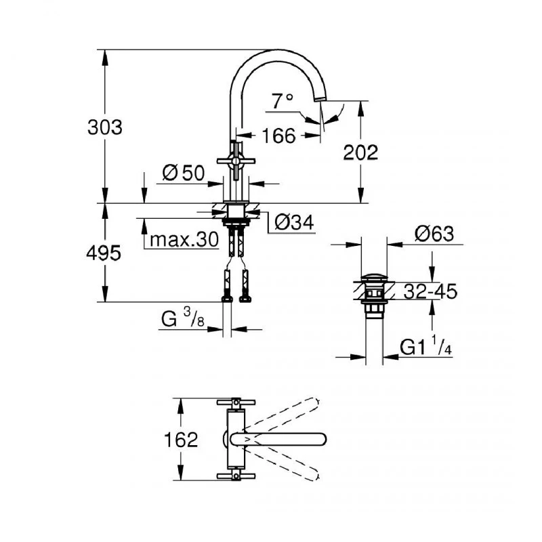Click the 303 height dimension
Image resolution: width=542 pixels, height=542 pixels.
pyautogui.click(x=105, y=127)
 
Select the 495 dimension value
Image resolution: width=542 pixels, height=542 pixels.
pyautogui.click(x=105, y=253)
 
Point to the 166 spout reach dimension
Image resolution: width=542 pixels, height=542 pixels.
pyautogui.click(x=278, y=136)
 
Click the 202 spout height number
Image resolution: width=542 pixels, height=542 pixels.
pyautogui.click(x=360, y=152)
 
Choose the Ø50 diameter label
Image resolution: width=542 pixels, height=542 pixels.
pyautogui.click(x=183, y=173)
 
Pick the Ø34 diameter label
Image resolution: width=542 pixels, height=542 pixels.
pyautogui.click(x=293, y=222)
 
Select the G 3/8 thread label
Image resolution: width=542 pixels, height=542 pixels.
pyautogui.click(x=182, y=319)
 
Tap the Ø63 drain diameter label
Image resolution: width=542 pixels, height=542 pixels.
pyautogui.click(x=434, y=234)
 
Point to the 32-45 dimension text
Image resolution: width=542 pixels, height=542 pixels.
pyautogui.click(x=430, y=292)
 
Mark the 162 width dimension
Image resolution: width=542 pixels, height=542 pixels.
pyautogui.click(x=180, y=440)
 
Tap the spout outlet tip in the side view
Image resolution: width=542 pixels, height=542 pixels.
pyautogui.click(x=320, y=100)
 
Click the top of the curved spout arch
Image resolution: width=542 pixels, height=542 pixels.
pyautogui.click(x=278, y=51)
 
